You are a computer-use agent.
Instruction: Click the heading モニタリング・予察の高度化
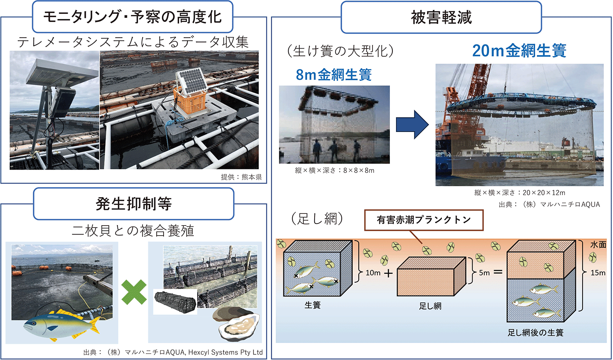[x=132, y=17]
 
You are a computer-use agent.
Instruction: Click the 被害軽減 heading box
[x=441, y=17]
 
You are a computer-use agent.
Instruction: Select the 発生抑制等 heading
[x=134, y=204]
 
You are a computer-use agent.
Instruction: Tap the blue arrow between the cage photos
[x=412, y=125]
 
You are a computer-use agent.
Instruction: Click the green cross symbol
[x=134, y=292]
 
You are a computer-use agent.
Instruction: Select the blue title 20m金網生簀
[x=519, y=51]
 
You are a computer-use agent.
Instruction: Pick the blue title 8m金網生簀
[x=334, y=75]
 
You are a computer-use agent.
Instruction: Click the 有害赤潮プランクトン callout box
[x=424, y=220]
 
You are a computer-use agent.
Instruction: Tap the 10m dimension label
[x=373, y=273]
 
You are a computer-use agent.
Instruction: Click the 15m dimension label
[x=598, y=273]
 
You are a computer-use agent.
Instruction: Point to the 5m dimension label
[x=484, y=273]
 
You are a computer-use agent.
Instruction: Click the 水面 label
[x=598, y=245]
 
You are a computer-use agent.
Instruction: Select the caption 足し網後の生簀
[x=535, y=332]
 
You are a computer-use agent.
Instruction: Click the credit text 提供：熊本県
[x=241, y=177]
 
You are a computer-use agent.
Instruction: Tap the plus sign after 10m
[x=388, y=273]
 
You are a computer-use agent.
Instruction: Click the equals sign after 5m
[x=498, y=272]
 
